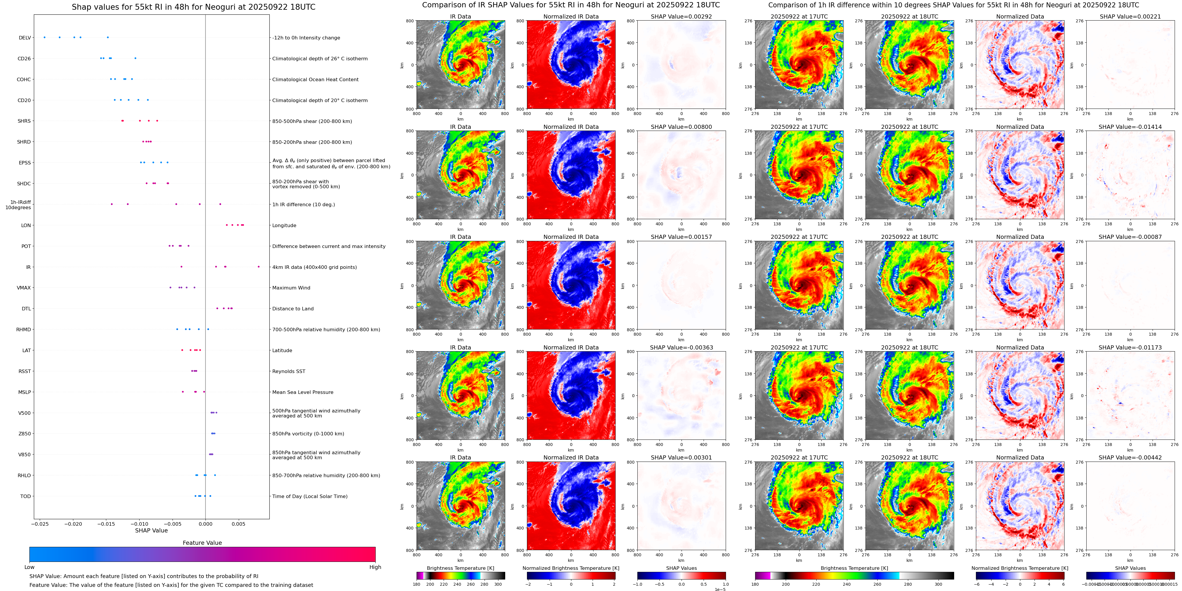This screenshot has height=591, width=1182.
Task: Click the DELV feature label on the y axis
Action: pyautogui.click(x=25, y=38)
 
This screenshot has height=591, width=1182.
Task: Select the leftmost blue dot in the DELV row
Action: pyautogui.click(x=44, y=37)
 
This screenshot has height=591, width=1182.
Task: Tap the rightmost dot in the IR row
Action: pyautogui.click(x=258, y=267)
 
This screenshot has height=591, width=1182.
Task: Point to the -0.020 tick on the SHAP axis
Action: pyautogui.click(x=73, y=524)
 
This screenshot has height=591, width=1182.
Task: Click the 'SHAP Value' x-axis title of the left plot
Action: pyautogui.click(x=151, y=530)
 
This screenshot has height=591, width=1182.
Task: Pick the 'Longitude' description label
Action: pyautogui.click(x=284, y=226)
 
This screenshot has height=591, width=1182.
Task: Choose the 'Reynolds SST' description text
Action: pyautogui.click(x=289, y=371)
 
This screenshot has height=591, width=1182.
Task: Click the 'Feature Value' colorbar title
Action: pyautogui.click(x=202, y=543)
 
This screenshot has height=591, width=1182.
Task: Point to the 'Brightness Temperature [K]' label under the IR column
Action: pyautogui.click(x=460, y=568)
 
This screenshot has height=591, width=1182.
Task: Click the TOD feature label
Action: pyautogui.click(x=26, y=496)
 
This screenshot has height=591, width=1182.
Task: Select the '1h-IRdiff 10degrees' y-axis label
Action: pyautogui.click(x=18, y=204)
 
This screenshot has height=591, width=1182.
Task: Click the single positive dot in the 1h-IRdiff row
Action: pyautogui.click(x=220, y=204)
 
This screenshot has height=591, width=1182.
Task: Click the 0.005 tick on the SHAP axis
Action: pyautogui.click(x=238, y=524)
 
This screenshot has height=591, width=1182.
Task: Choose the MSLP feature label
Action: pyautogui.click(x=24, y=392)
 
